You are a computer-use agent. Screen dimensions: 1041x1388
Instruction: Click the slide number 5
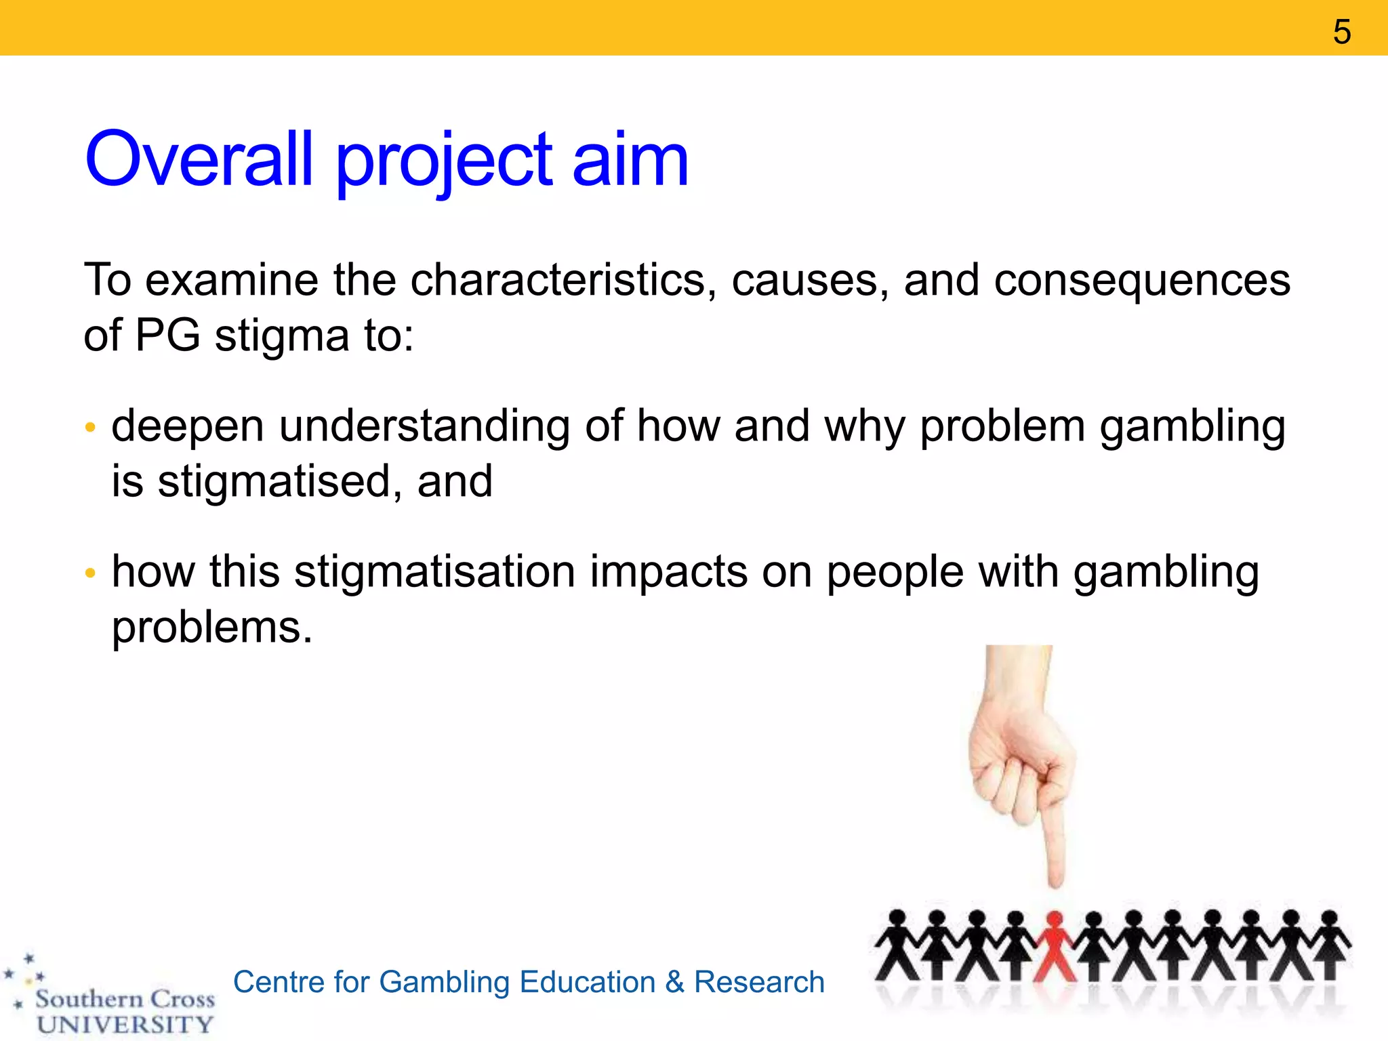pos(1341,32)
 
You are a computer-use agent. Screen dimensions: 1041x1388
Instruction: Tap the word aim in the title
pos(630,160)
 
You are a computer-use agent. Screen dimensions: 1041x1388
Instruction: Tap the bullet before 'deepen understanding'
pos(90,428)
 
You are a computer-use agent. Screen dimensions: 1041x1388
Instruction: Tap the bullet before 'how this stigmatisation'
pos(90,574)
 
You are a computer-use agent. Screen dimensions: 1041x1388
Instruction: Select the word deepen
pos(188,427)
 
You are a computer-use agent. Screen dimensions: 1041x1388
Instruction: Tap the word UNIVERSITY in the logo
pos(125,1024)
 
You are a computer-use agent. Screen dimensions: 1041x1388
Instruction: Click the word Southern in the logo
pos(89,998)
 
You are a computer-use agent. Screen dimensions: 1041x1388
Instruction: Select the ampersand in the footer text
pos(674,982)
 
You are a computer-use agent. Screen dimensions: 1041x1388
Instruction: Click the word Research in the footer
pos(759,982)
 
